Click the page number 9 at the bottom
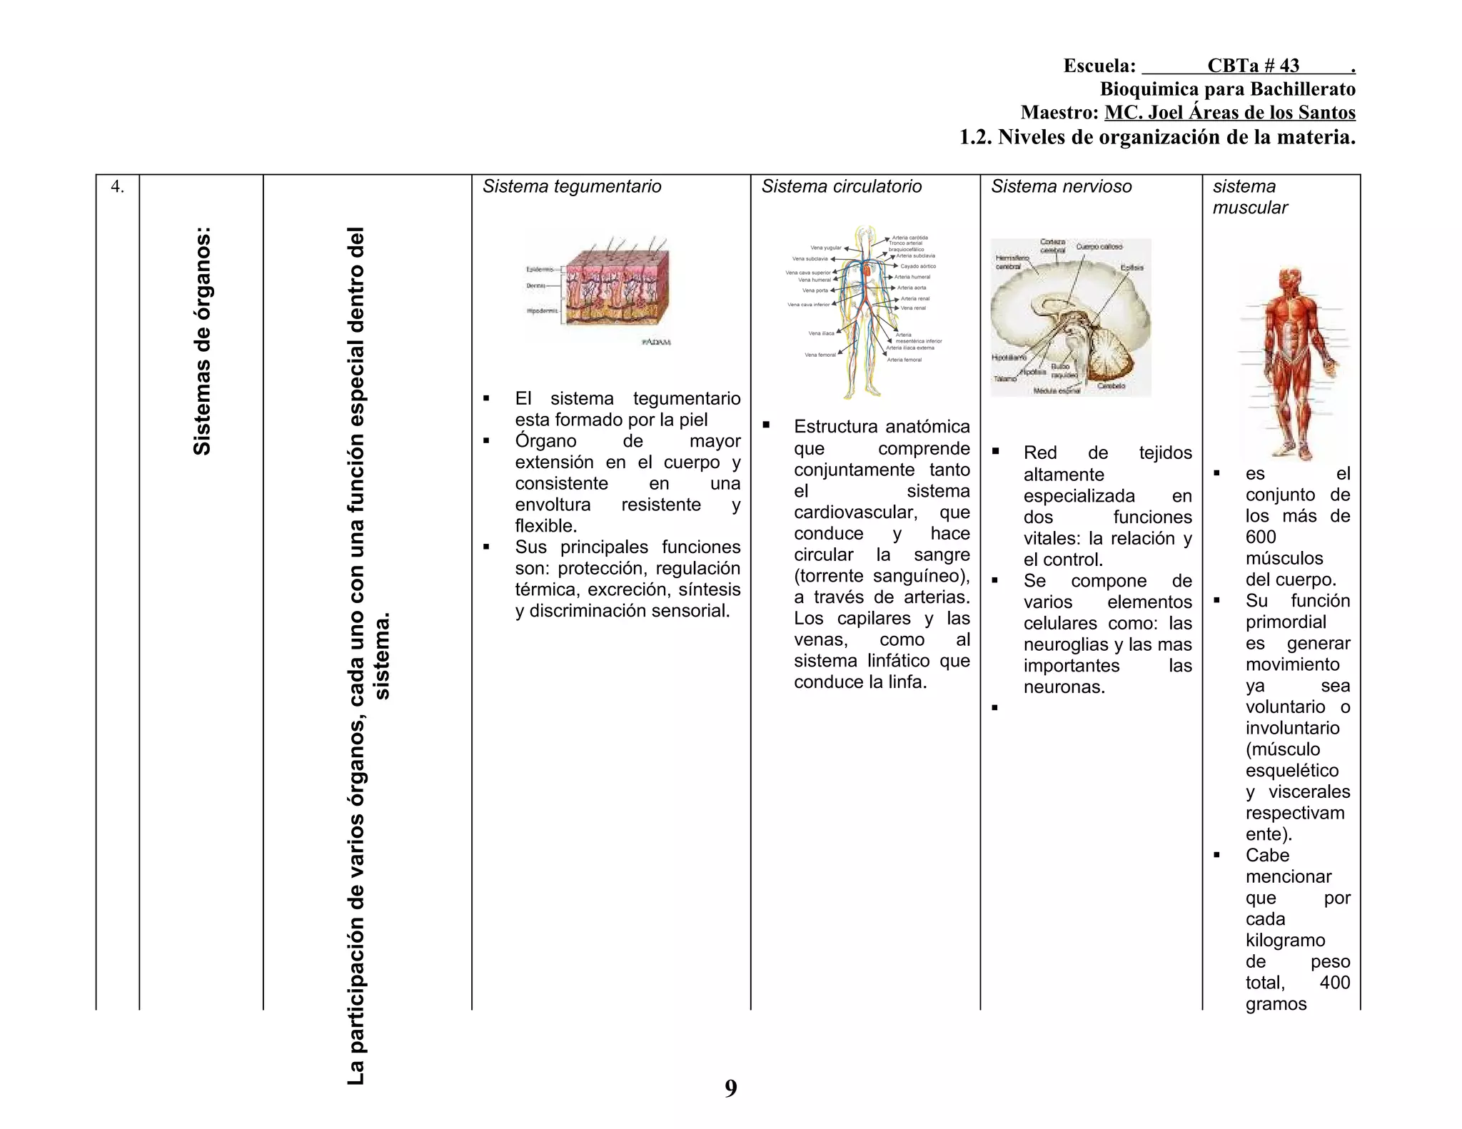[730, 1088]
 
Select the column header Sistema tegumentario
[572, 187]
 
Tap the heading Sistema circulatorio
[841, 187]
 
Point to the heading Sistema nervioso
[1061, 187]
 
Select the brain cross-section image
[1070, 317]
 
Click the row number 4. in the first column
[118, 187]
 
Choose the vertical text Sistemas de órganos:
[202, 341]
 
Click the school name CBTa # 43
[1253, 66]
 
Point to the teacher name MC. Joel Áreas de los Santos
[1229, 113]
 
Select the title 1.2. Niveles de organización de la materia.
[1156, 137]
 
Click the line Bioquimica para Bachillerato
[1227, 89]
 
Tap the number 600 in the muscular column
[1261, 537]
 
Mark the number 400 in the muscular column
[1334, 983]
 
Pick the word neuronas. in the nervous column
[1064, 687]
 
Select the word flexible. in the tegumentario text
[545, 526]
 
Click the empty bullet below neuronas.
[994, 708]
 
